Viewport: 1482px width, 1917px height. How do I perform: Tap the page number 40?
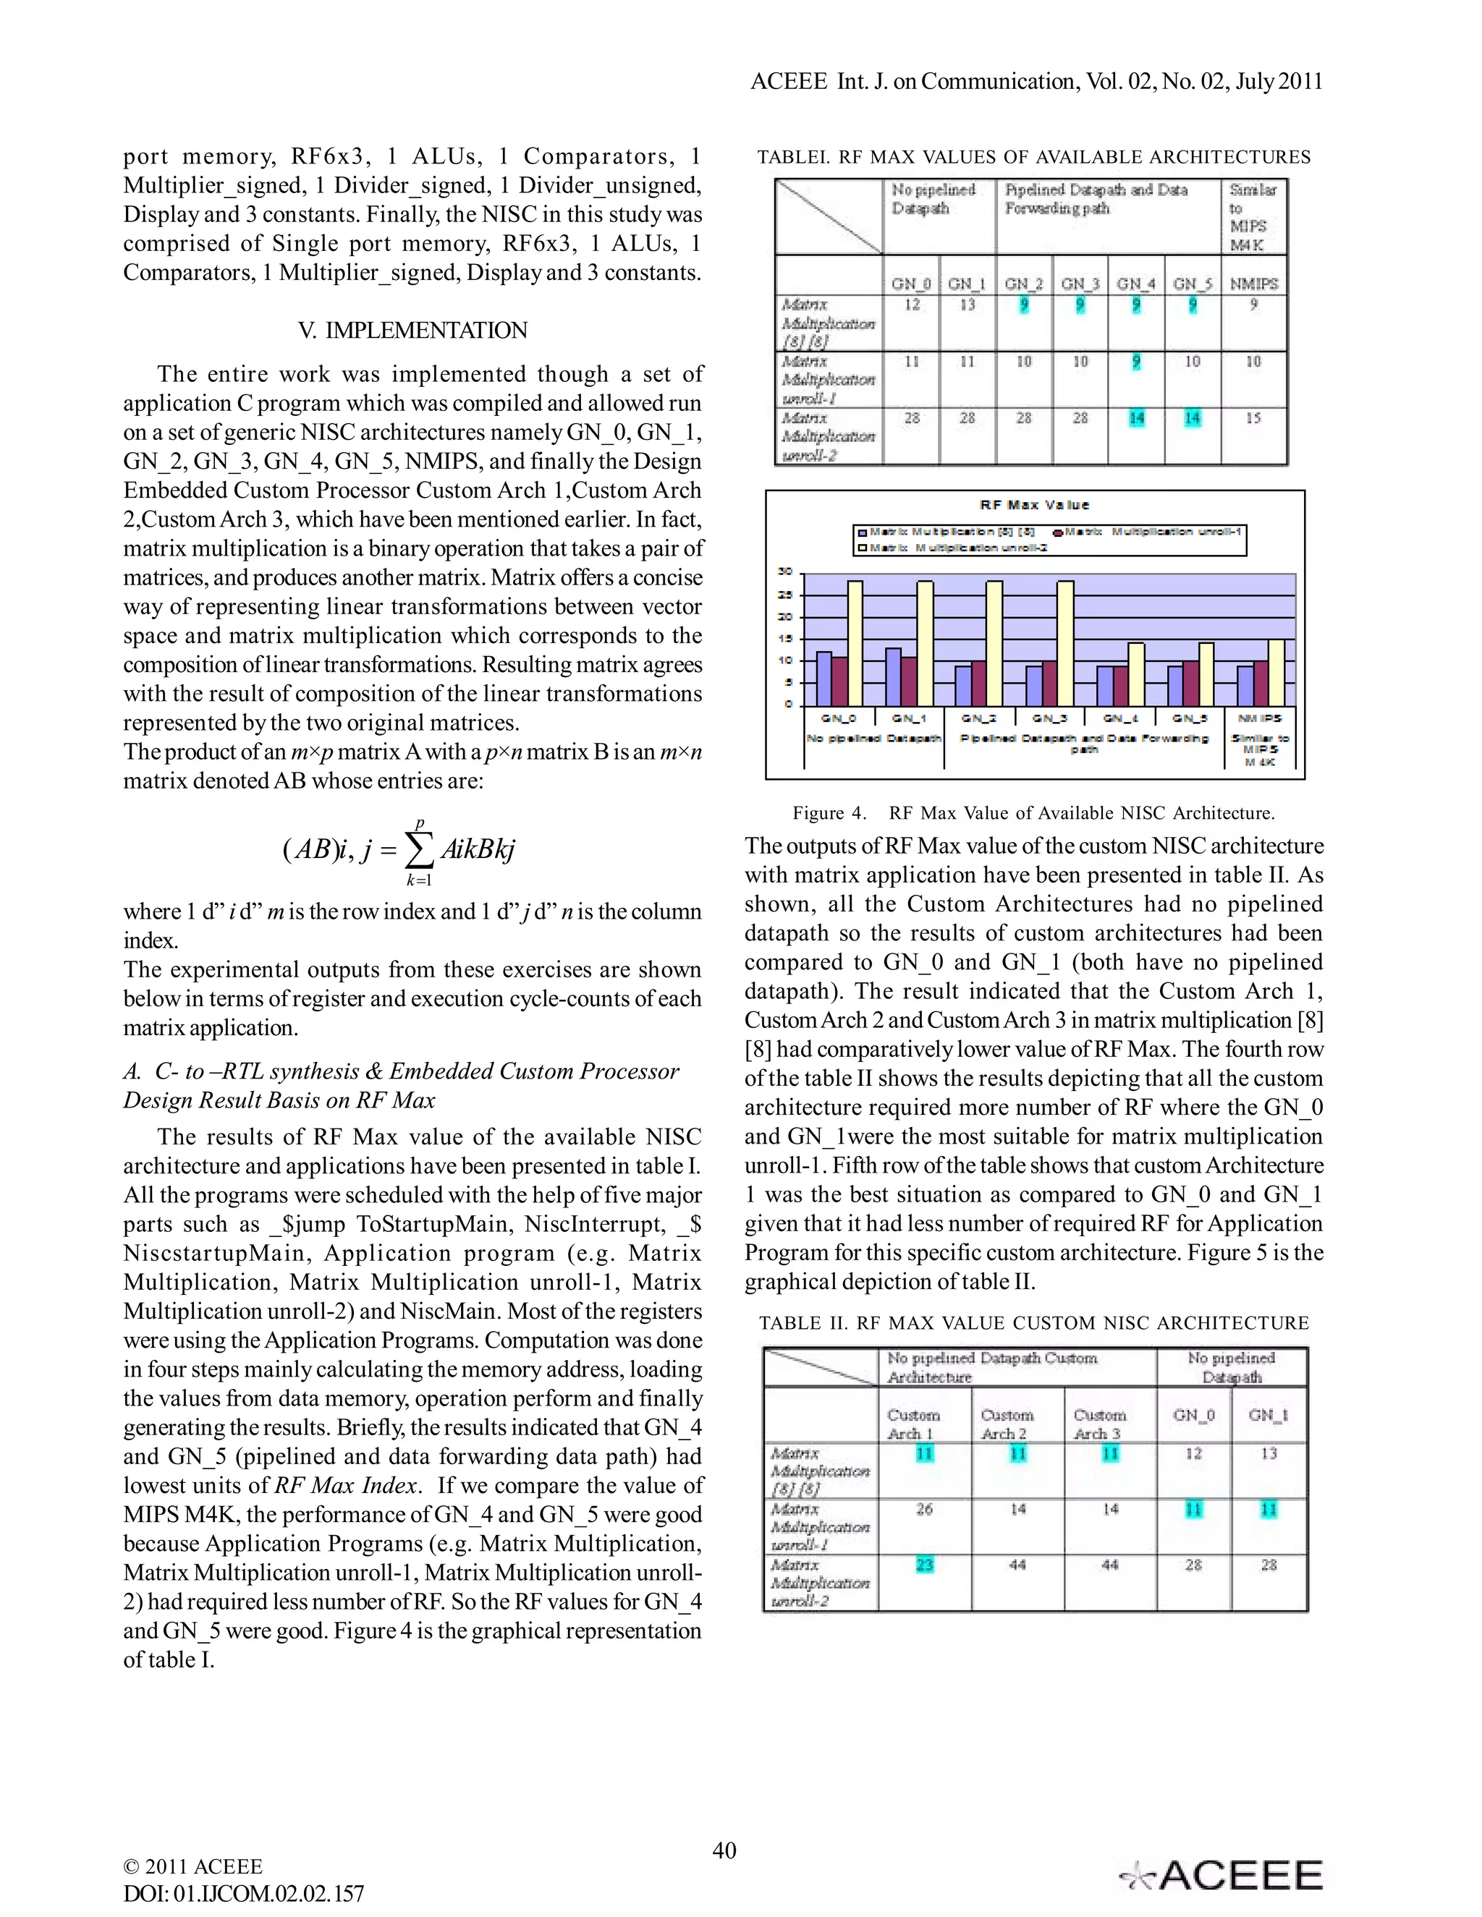[724, 1850]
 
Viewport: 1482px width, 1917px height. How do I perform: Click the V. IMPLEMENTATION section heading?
[412, 330]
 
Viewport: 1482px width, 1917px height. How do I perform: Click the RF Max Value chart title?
[1034, 505]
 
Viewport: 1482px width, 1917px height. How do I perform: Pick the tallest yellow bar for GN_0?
[855, 642]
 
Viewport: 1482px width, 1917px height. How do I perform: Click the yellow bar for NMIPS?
[1276, 672]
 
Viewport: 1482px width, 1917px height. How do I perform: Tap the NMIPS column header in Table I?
[1254, 284]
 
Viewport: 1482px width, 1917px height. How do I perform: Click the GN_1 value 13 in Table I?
[967, 305]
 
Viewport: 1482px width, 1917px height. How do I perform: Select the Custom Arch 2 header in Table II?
[1006, 1424]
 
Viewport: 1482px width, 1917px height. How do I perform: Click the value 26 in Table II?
[923, 1509]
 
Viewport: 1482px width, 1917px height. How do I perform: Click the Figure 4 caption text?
[1033, 813]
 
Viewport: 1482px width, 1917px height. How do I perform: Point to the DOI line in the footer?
[243, 1893]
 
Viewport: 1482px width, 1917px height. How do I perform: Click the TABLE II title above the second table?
[1033, 1323]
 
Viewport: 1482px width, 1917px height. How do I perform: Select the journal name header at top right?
[1036, 82]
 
